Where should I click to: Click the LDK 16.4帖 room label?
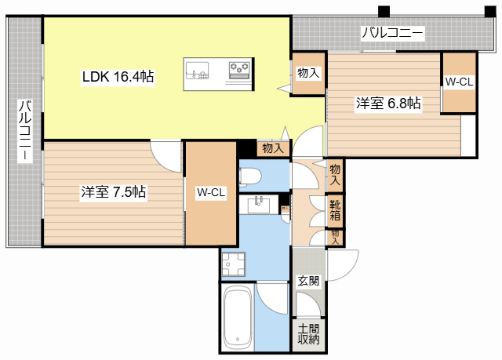pyautogui.click(x=118, y=77)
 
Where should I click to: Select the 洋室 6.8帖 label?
pyautogui.click(x=387, y=103)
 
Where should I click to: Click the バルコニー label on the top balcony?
pyautogui.click(x=392, y=33)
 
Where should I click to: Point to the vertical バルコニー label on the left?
pyautogui.click(x=24, y=131)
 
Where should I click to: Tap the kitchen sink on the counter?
pyautogui.click(x=198, y=75)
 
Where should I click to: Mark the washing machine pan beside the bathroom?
pyautogui.click(x=232, y=265)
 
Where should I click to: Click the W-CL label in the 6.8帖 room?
pyautogui.click(x=459, y=82)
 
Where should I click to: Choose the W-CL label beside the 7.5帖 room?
pyautogui.click(x=211, y=192)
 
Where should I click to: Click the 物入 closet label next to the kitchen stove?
pyautogui.click(x=307, y=73)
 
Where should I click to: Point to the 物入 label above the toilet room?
pyautogui.click(x=272, y=147)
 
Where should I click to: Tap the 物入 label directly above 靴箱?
pyautogui.click(x=335, y=174)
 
